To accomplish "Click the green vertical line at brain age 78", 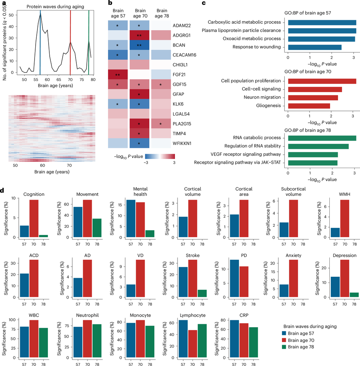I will click(89, 43).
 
